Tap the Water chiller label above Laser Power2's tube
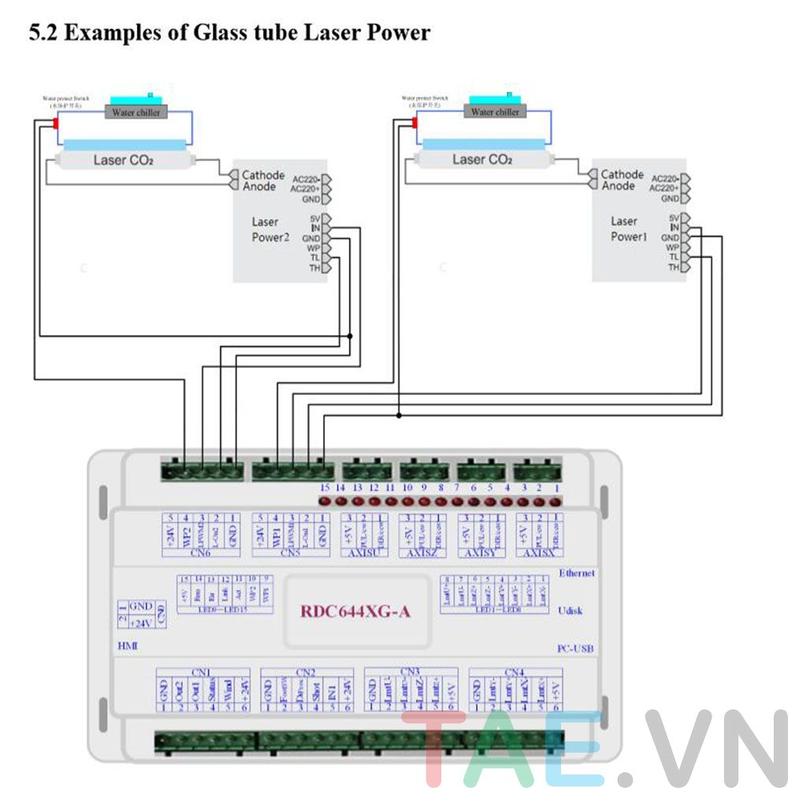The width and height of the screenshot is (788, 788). (136, 113)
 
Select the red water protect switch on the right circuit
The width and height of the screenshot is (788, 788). (414, 123)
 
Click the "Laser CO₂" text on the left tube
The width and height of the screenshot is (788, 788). (123, 161)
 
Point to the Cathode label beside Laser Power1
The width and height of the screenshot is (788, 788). (622, 174)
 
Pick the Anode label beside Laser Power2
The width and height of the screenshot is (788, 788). (259, 187)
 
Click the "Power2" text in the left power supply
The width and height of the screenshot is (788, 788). (271, 237)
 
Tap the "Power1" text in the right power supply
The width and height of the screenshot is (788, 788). (629, 236)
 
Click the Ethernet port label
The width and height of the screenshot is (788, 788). (576, 573)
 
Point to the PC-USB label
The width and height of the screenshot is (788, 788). (574, 649)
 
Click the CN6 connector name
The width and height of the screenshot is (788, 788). (200, 552)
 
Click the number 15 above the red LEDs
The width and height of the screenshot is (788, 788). (325, 489)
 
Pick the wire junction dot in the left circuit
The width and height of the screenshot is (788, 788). (350, 336)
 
